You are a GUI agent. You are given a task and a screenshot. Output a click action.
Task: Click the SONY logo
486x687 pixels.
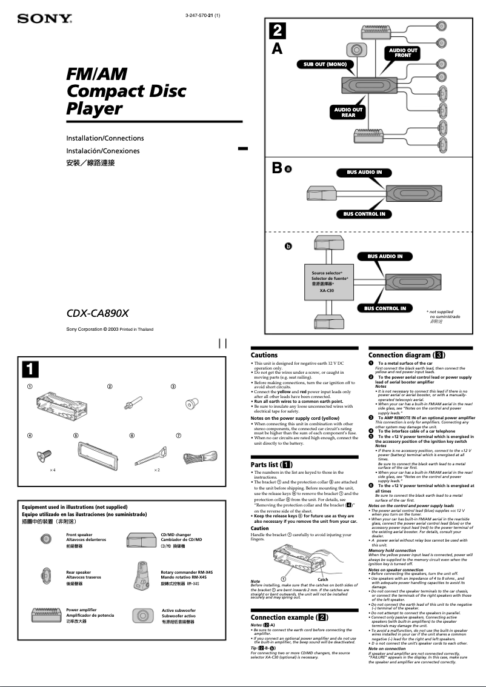pyautogui.click(x=45, y=19)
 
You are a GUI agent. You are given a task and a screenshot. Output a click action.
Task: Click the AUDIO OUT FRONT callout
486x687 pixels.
pyautogui.click(x=403, y=53)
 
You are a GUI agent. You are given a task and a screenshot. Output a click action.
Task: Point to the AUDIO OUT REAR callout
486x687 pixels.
pyautogui.click(x=348, y=112)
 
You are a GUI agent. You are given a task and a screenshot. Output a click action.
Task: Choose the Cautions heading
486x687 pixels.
pyautogui.click(x=264, y=355)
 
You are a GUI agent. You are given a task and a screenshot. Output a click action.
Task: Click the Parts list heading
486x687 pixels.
pyautogui.click(x=272, y=464)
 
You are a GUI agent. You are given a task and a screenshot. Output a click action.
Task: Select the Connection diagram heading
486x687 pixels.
pyautogui.click(x=407, y=355)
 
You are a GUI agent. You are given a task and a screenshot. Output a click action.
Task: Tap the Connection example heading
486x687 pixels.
pyautogui.click(x=290, y=617)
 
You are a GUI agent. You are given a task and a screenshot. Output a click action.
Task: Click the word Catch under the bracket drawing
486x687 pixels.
pyautogui.click(x=323, y=580)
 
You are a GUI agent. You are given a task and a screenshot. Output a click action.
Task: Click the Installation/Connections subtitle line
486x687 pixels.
pyautogui.click(x=105, y=138)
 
